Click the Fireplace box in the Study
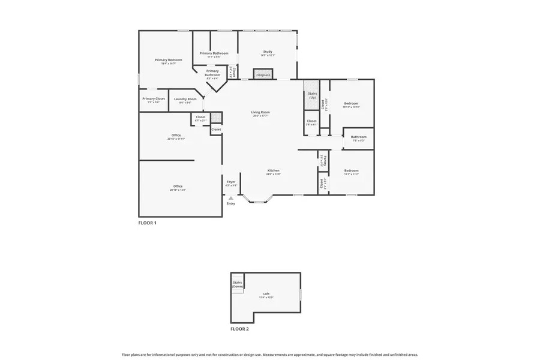click(263, 75)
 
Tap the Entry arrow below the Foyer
click(231, 198)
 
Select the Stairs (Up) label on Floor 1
click(312, 95)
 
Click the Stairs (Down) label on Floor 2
click(238, 284)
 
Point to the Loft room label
click(266, 293)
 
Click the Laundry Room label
click(185, 99)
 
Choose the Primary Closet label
click(154, 98)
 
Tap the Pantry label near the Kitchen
click(322, 161)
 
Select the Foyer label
click(231, 181)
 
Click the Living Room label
click(260, 112)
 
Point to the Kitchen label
click(274, 170)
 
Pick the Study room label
click(268, 52)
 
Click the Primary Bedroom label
click(168, 60)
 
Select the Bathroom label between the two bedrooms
click(358, 136)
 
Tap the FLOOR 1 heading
click(147, 223)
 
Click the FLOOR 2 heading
click(239, 329)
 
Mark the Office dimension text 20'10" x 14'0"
click(178, 190)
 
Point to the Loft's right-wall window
click(300, 294)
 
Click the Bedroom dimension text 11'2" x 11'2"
click(351, 174)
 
